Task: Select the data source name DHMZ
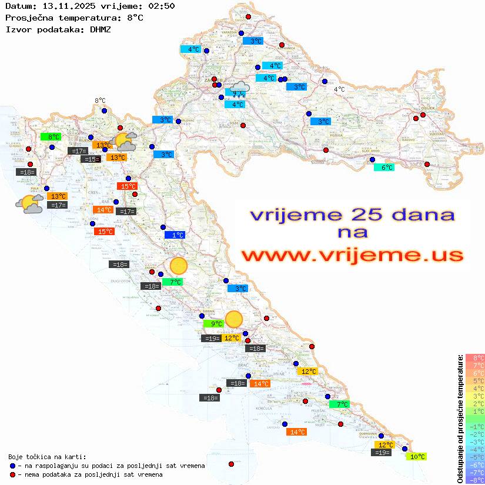pyautogui.click(x=101, y=29)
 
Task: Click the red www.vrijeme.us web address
pyautogui.click(x=352, y=255)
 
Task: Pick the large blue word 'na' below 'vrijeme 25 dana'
pyautogui.click(x=352, y=233)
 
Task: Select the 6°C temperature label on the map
pyautogui.click(x=384, y=168)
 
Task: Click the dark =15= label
pyautogui.click(x=90, y=159)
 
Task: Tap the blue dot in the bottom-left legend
pyautogui.click(x=13, y=466)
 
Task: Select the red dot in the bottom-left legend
pyautogui.click(x=13, y=474)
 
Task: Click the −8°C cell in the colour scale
pyautogui.click(x=474, y=480)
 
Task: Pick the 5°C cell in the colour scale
pyautogui.click(x=474, y=380)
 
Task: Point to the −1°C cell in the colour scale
pyautogui.click(x=474, y=427)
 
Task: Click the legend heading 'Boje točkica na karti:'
pyautogui.click(x=47, y=457)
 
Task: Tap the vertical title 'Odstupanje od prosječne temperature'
pyautogui.click(x=460, y=419)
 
